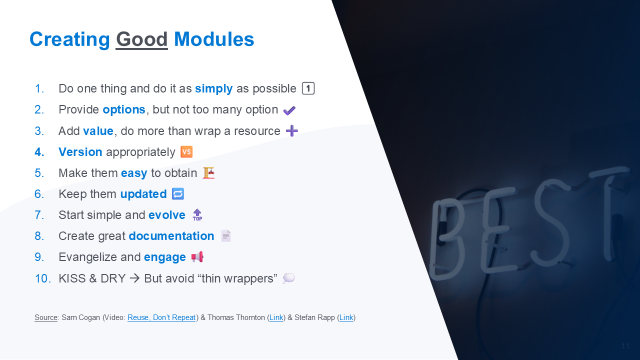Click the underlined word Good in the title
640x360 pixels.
coord(141,39)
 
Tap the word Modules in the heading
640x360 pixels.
coord(214,39)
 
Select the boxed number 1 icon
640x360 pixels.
coord(308,88)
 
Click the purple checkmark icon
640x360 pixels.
coord(289,110)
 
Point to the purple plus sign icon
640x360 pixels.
coord(292,131)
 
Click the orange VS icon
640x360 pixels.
coord(186,151)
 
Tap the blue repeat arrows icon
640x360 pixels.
coord(178,194)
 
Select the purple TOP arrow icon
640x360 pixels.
coord(197,215)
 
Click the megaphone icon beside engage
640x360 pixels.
coord(197,257)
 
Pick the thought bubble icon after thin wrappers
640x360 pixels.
coord(289,278)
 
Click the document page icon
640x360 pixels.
coord(226,236)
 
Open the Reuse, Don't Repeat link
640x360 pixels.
coord(161,317)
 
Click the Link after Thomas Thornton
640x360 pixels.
coord(276,317)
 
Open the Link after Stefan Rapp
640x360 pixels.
coord(346,317)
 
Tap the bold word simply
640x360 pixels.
coord(213,89)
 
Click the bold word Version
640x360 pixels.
coord(80,151)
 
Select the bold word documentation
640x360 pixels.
coord(171,236)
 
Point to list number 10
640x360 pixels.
coord(42,278)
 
